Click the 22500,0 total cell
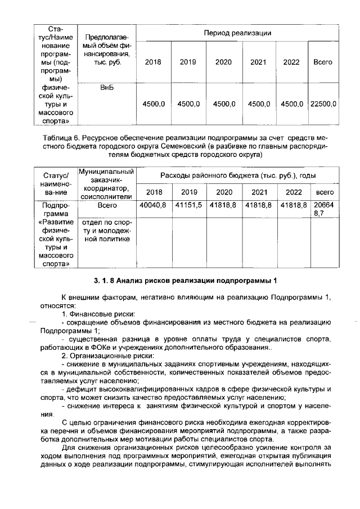click(x=323, y=104)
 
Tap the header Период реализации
click(x=238, y=33)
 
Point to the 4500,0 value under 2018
click(x=153, y=104)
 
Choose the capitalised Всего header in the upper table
click(x=323, y=62)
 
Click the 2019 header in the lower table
click(x=190, y=191)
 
